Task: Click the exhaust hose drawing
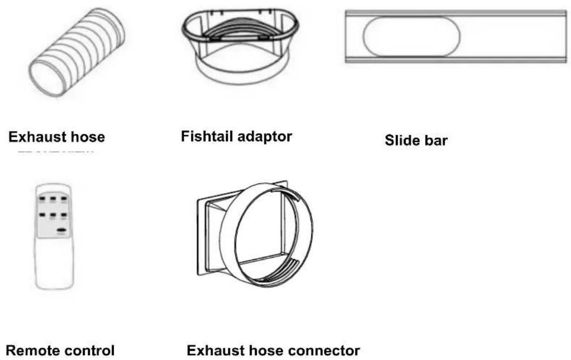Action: click(x=76, y=52)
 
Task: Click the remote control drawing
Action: click(x=54, y=236)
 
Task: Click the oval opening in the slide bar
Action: click(x=412, y=36)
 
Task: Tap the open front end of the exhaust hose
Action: click(x=48, y=78)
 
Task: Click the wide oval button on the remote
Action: click(x=63, y=230)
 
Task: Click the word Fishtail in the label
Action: click(x=206, y=136)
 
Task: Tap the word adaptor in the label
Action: click(x=264, y=137)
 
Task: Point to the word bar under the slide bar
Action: click(x=436, y=140)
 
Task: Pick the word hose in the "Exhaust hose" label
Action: click(x=88, y=137)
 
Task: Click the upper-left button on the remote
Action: click(x=42, y=199)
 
